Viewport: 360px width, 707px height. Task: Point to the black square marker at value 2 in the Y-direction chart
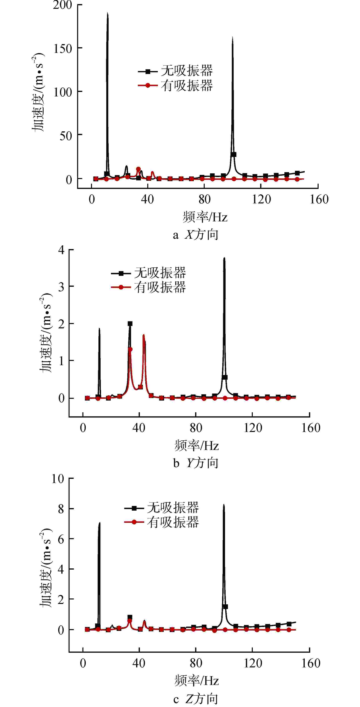130,324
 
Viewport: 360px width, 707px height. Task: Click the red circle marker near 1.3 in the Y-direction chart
130,349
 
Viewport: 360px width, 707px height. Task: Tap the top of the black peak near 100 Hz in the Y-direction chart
224,258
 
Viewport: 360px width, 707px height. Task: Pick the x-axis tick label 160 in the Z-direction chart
311,664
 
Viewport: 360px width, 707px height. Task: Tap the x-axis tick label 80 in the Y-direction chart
196,428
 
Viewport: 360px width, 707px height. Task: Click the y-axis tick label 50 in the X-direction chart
66,136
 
